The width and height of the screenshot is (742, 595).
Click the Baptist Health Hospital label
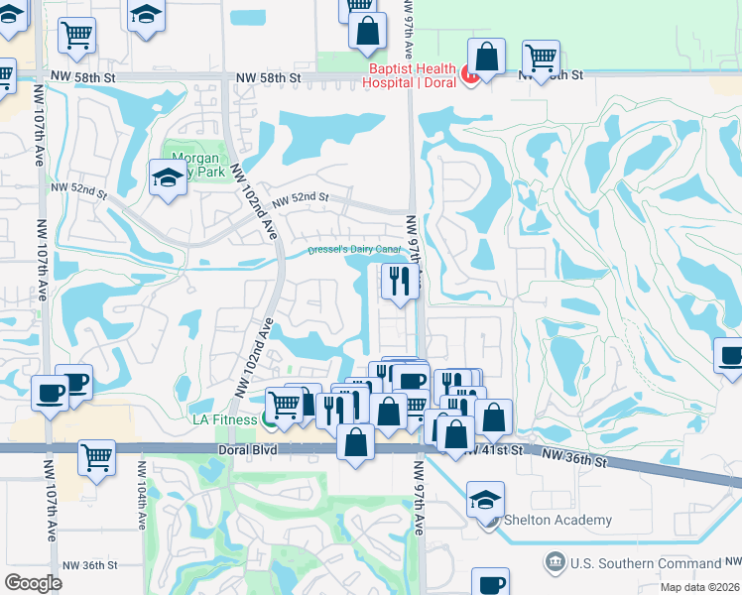click(412, 74)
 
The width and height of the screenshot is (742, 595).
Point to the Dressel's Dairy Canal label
click(352, 249)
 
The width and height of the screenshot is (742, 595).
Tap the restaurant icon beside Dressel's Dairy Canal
click(399, 281)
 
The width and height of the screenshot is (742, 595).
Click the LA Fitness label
click(225, 419)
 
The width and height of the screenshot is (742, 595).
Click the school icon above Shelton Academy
click(485, 500)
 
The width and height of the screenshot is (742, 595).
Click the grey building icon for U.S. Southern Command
click(553, 563)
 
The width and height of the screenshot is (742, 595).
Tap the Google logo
click(33, 583)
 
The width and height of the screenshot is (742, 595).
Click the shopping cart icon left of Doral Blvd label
click(96, 457)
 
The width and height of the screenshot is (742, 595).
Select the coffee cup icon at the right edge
click(730, 355)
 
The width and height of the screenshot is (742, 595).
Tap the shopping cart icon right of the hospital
click(541, 58)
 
